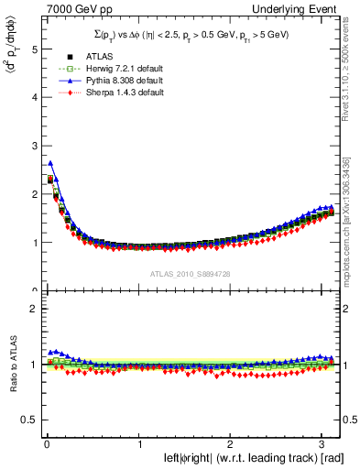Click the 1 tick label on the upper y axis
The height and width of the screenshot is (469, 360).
pos(28,243)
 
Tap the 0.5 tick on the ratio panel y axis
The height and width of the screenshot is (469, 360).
pos(25,420)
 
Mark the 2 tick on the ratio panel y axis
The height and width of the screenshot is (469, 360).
pos(28,309)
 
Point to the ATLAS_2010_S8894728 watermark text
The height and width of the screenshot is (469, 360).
pos(190,274)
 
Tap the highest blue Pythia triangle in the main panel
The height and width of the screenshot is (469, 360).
pos(50,163)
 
